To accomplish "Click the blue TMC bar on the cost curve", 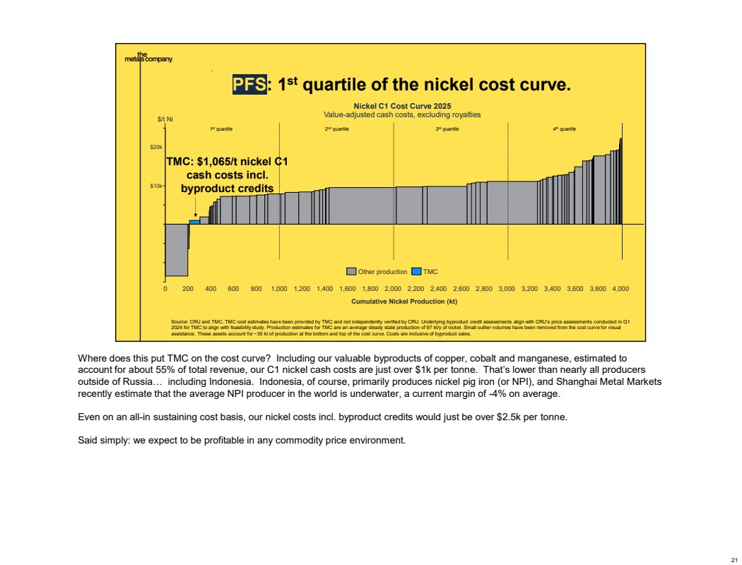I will pos(194,222).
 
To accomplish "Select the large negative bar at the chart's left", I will pos(176,250).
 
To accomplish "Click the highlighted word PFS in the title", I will pos(250,85).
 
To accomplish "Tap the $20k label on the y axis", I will pos(156,148).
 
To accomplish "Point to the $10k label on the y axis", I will pos(156,186).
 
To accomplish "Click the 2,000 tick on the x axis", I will pos(393,289).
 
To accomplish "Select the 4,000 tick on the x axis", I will pos(620,289).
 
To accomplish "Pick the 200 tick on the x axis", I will pos(188,289).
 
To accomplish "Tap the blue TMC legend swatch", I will pos(416,271).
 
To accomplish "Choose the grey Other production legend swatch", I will pos(351,271).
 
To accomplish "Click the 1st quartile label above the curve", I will pos(221,129).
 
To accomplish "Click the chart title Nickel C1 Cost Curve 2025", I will pos(402,106).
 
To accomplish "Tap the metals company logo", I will pos(145,57).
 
